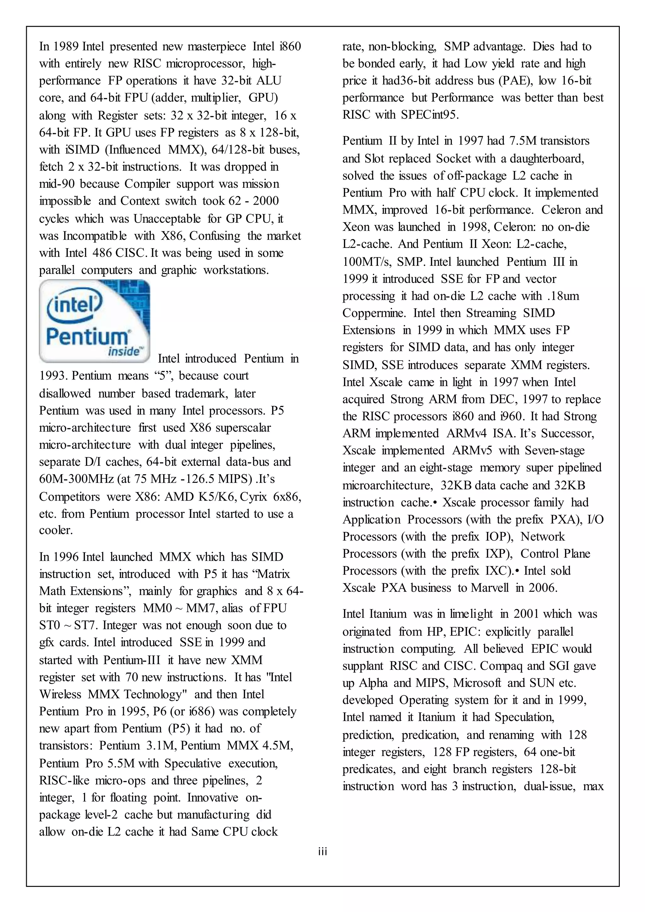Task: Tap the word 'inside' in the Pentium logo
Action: tap(124, 351)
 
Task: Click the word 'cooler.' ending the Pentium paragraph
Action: tap(56, 530)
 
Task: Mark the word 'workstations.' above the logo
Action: tap(236, 270)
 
